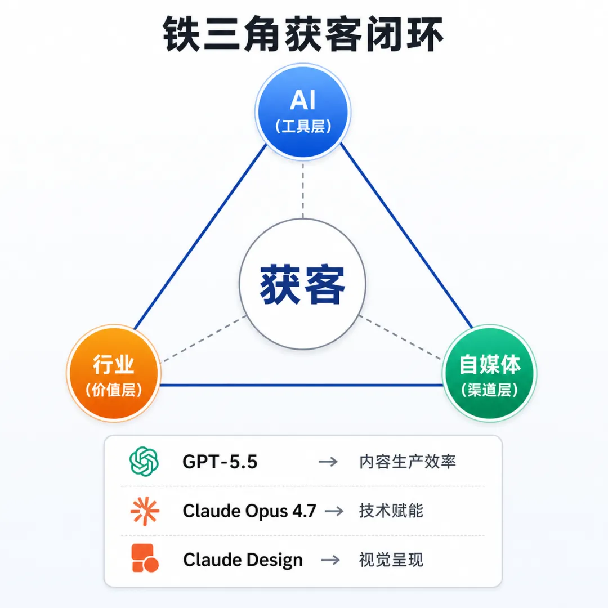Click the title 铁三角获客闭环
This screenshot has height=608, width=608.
pos(303,34)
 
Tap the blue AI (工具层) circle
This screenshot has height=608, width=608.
pos(303,111)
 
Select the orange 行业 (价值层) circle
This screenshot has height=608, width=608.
pos(114,373)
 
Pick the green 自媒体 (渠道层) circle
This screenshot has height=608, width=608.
pos(489,373)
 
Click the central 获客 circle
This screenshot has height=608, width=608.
pos(302,284)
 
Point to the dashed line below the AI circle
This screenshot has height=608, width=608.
pos(303,190)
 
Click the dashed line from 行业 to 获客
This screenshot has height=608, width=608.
pos(204,338)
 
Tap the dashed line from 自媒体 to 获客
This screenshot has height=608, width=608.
pos(401,337)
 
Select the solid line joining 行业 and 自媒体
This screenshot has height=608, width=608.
pos(302,385)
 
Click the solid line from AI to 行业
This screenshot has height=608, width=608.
pos(200,236)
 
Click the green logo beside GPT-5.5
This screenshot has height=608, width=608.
pos(144,462)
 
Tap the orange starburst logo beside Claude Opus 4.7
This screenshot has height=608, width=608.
pos(145,511)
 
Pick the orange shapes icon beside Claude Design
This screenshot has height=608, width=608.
pos(145,558)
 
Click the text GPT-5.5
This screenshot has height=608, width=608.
pos(220,462)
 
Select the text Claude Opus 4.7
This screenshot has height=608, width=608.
pos(249,511)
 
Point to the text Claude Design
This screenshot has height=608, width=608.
pos(243,560)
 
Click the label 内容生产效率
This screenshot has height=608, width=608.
pos(408,462)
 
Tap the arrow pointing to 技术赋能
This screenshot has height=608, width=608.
pos(334,511)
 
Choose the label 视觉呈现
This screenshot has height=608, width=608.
pos(391,560)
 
